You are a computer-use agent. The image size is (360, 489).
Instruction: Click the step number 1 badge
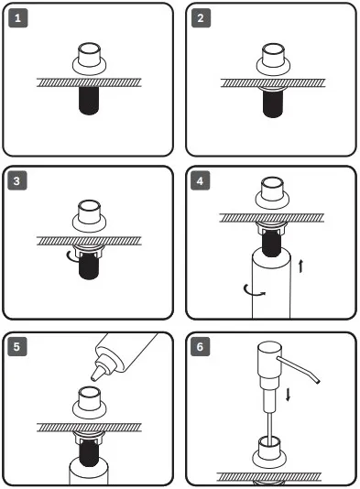pos(17,18)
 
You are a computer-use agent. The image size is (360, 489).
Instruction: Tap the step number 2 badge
pos(201,18)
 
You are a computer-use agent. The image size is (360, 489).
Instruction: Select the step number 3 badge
pos(17,180)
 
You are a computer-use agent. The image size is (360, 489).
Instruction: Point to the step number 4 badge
pos(200,180)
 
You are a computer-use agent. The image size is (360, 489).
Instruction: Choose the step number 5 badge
pos(17,346)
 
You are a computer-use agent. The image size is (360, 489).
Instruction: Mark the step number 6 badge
pos(200,346)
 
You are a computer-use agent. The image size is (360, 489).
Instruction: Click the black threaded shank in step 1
pos(89,101)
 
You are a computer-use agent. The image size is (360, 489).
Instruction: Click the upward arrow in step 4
pos(300,266)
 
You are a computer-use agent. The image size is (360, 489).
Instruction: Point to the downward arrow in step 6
pos(288,394)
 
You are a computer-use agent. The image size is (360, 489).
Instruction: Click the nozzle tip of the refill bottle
pos(93,378)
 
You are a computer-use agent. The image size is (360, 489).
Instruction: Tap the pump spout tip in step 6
pos(317,381)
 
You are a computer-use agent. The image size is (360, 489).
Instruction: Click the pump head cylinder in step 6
pos(269,360)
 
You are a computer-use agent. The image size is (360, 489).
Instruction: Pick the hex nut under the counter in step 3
pos(89,251)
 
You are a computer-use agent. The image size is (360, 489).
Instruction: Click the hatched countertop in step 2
pos(273,83)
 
